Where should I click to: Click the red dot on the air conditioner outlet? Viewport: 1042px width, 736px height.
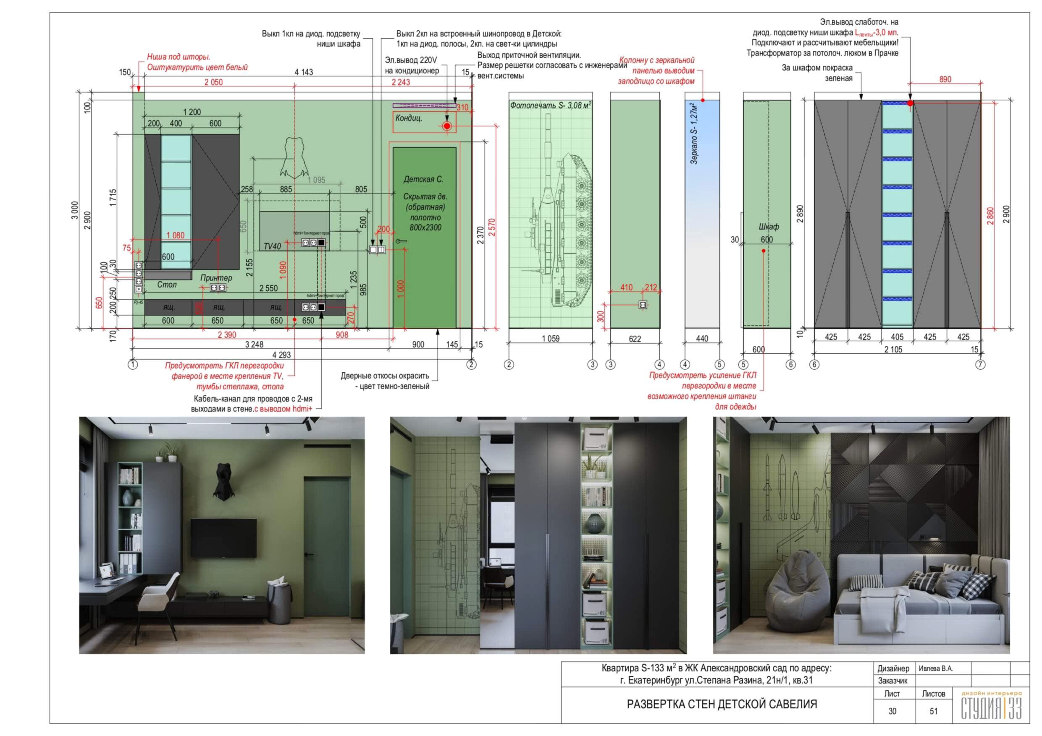(447, 126)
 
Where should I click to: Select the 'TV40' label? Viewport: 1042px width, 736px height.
(272, 246)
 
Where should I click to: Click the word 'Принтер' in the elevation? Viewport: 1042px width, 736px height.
(216, 277)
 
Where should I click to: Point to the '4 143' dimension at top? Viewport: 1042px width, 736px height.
(304, 72)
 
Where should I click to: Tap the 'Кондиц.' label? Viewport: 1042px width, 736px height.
(409, 118)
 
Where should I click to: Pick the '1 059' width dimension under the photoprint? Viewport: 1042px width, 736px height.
(551, 339)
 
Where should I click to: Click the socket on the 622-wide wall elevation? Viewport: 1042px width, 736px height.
(643, 305)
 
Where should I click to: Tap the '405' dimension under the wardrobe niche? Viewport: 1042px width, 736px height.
(897, 337)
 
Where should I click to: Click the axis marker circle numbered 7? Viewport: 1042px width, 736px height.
(980, 364)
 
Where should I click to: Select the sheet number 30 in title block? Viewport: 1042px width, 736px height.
(892, 711)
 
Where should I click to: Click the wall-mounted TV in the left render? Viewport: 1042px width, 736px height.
(223, 538)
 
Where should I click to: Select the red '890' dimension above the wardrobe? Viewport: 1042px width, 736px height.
(945, 79)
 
